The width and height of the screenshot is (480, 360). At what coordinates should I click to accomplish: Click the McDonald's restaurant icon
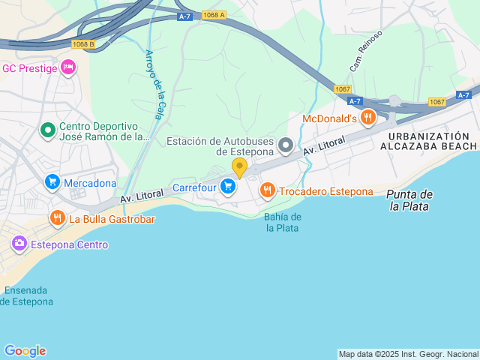pos(367,117)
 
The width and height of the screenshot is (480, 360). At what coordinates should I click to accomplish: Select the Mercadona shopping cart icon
pos(52,182)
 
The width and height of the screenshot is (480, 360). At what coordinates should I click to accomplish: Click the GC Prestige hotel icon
pos(68,68)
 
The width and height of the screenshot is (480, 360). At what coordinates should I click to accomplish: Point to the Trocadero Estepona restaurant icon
pos(267,190)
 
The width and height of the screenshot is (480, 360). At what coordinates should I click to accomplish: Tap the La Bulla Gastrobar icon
pos(57,219)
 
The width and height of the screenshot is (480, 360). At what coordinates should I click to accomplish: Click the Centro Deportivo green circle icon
pos(48,131)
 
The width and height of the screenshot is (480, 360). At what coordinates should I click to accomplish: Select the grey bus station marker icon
pos(285,144)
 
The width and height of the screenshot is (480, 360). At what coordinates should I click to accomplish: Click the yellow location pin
pos(240,167)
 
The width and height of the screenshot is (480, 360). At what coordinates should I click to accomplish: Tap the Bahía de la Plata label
pos(282,222)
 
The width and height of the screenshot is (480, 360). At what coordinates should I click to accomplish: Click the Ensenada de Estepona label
pos(27,295)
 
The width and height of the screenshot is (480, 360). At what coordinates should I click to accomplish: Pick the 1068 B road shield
pos(84,44)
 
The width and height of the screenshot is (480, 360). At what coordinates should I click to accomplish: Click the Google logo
pos(25,351)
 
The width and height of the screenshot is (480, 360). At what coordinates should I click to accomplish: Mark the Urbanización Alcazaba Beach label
pos(429,141)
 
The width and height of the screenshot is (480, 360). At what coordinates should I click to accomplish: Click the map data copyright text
pos(408,354)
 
